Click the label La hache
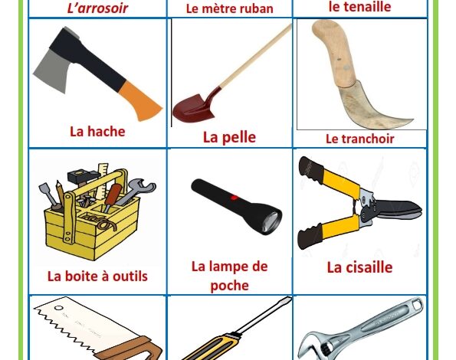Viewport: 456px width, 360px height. pyautogui.click(x=97, y=132)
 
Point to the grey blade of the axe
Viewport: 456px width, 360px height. pyautogui.click(x=52, y=70)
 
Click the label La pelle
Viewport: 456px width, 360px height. pyautogui.click(x=229, y=137)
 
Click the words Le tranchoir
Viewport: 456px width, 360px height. pyautogui.click(x=359, y=139)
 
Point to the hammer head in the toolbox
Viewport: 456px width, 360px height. pyautogui.click(x=84, y=175)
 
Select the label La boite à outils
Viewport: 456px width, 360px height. pyautogui.click(x=97, y=276)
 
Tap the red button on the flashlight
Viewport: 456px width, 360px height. pyautogui.click(x=235, y=198)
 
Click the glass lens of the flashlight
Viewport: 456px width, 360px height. pyautogui.click(x=272, y=223)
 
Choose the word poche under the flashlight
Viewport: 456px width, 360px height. pyautogui.click(x=229, y=286)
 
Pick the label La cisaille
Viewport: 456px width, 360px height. pyautogui.click(x=359, y=267)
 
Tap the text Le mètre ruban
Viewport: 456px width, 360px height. pyautogui.click(x=229, y=8)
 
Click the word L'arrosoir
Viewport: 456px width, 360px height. pyautogui.click(x=97, y=8)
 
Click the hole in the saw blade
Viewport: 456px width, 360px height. pyautogui.click(x=59, y=308)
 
